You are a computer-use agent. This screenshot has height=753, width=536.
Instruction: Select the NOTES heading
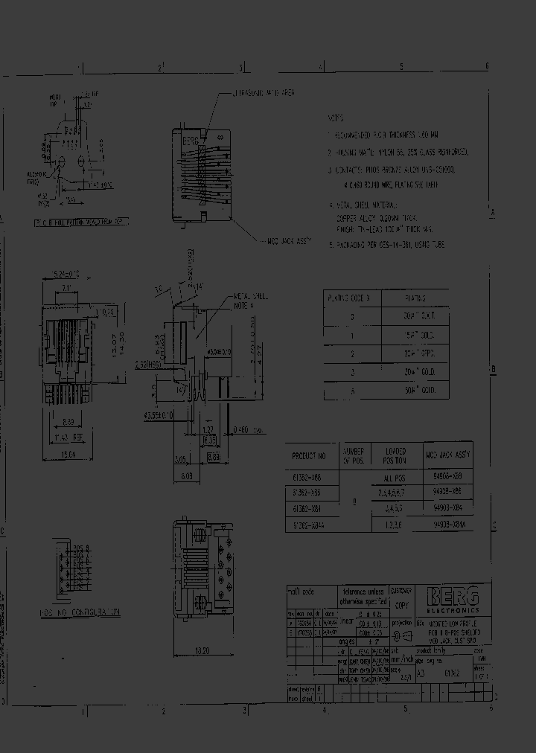(x=337, y=118)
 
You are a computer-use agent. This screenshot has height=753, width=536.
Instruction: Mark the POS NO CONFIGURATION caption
(x=80, y=612)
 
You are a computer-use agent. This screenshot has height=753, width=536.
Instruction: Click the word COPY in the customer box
(x=402, y=606)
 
